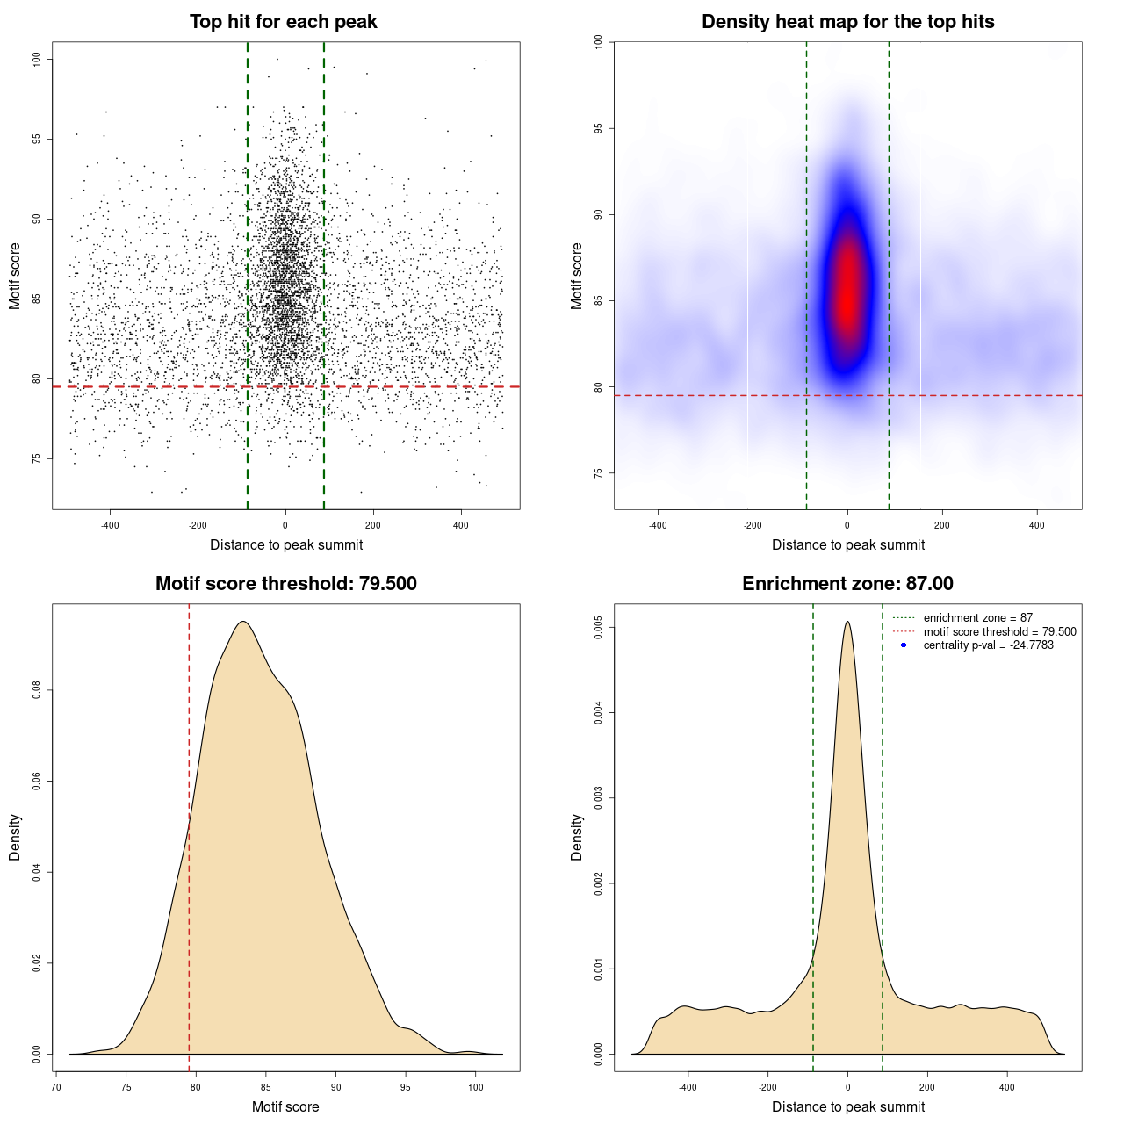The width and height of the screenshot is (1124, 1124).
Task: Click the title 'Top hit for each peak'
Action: click(x=283, y=22)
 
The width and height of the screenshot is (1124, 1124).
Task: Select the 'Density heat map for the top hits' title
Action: click(x=847, y=22)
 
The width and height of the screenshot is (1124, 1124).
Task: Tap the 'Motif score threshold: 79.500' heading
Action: click(x=285, y=584)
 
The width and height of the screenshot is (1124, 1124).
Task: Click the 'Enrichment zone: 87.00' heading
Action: click(x=847, y=584)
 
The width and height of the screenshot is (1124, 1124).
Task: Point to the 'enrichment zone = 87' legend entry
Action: click(x=977, y=618)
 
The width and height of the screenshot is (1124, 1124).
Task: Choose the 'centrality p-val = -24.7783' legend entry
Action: click(x=988, y=645)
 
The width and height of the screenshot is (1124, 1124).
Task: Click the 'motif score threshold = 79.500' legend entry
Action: click(x=999, y=631)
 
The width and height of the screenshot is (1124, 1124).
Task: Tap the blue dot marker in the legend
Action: click(x=904, y=645)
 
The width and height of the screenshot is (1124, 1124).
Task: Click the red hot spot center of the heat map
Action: click(x=847, y=294)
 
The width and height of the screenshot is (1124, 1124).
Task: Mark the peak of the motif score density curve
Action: click(x=243, y=622)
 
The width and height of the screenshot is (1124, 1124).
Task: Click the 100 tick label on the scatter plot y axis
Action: click(x=36, y=59)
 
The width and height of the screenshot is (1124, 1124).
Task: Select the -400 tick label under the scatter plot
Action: click(x=110, y=526)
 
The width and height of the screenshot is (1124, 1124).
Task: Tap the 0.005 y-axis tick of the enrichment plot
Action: click(x=598, y=628)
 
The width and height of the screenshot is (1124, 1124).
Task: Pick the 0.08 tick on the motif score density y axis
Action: click(x=36, y=691)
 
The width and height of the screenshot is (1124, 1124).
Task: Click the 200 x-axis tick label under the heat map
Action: click(x=942, y=526)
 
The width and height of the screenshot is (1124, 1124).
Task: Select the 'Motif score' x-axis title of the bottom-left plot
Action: click(x=285, y=1107)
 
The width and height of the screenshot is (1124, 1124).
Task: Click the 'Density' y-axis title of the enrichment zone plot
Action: click(x=577, y=837)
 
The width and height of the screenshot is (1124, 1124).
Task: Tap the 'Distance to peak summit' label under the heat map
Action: click(x=847, y=545)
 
